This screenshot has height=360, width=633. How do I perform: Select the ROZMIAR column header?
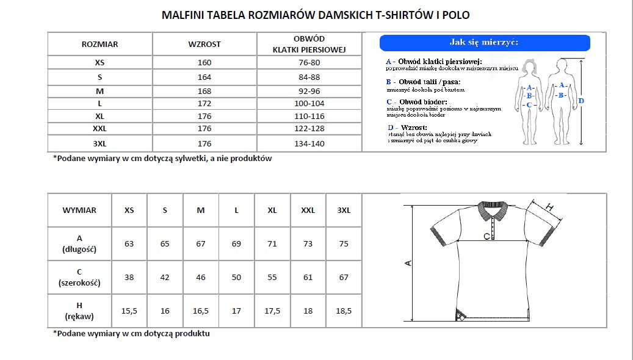[100, 45]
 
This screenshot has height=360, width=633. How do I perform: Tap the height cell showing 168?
[204, 91]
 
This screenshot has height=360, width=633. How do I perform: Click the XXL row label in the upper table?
[99, 129]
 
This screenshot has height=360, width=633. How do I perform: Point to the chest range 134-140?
[309, 144]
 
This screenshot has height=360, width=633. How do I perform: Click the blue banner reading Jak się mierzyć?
[484, 43]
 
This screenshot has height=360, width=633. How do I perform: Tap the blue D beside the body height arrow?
[581, 101]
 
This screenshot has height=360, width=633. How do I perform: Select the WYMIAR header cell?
[79, 210]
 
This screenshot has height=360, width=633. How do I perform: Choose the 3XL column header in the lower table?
[344, 210]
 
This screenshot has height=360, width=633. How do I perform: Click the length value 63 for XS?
[129, 243]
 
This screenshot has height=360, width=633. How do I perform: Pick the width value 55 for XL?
[272, 277]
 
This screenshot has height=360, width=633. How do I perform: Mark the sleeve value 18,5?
[344, 311]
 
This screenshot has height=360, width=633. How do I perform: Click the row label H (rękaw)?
[79, 311]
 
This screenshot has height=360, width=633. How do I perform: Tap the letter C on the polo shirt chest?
[487, 236]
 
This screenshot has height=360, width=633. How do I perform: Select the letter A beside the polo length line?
[408, 264]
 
